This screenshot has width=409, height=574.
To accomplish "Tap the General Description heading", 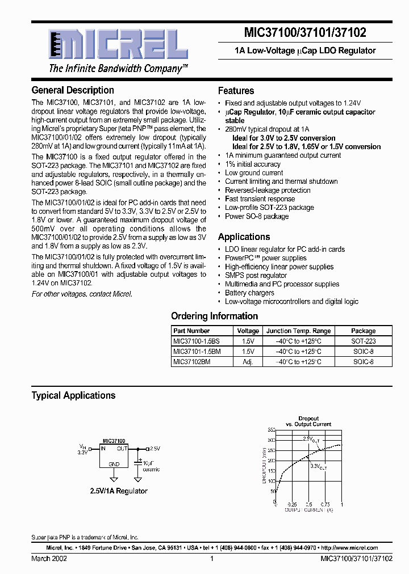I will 73,90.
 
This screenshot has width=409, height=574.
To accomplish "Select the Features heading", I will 236,91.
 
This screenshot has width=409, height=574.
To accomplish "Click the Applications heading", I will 244,237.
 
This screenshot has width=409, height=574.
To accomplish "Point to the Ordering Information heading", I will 214,316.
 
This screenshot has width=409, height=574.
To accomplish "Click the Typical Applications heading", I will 73,395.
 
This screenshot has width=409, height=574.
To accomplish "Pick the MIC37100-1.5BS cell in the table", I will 195,341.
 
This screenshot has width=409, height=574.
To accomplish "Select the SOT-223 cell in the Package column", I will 363,341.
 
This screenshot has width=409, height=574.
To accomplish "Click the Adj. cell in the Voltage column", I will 248,361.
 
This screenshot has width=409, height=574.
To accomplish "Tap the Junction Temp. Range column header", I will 298,331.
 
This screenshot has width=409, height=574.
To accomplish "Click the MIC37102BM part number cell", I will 192,361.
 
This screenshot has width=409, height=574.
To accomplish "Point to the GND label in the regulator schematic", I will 114,463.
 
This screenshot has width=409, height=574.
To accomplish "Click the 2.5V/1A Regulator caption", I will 118,491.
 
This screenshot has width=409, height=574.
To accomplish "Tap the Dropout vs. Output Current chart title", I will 308,421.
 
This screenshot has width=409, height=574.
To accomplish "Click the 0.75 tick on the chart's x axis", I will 325,504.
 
